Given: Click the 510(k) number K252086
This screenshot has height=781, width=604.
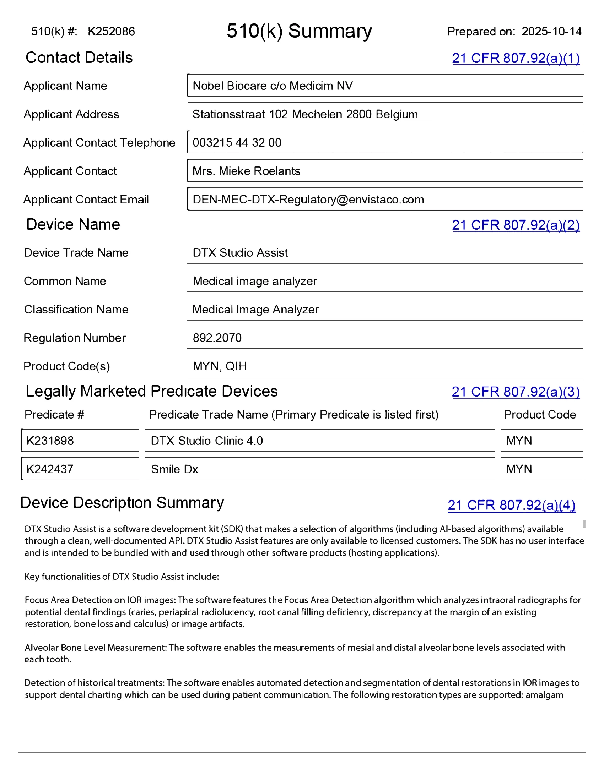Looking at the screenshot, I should click(x=111, y=32).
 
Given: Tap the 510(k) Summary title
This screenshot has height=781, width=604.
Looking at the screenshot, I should click(x=299, y=31).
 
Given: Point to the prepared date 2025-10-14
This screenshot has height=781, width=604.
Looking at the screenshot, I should click(x=551, y=32).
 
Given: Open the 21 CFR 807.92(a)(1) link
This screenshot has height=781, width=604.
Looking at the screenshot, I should click(x=516, y=58).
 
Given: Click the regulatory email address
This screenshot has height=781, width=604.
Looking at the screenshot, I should click(x=308, y=200).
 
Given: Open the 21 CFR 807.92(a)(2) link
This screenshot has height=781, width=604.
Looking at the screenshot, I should click(x=516, y=225).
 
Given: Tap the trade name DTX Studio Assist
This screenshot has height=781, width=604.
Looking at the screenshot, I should click(x=240, y=253).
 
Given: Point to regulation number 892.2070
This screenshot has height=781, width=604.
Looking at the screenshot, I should click(x=217, y=338).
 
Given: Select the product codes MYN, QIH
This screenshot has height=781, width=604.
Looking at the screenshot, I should click(x=220, y=366).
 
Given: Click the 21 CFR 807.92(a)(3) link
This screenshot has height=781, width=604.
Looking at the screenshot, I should click(x=516, y=392).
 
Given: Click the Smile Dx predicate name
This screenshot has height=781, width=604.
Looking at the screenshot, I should click(x=174, y=469).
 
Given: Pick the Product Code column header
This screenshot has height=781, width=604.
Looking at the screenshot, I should click(x=540, y=414).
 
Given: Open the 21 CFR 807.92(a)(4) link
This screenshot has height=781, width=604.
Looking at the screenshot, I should click(x=511, y=505).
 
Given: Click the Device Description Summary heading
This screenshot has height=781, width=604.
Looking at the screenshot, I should click(x=122, y=503).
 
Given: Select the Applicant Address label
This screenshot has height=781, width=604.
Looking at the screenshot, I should click(x=71, y=114).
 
